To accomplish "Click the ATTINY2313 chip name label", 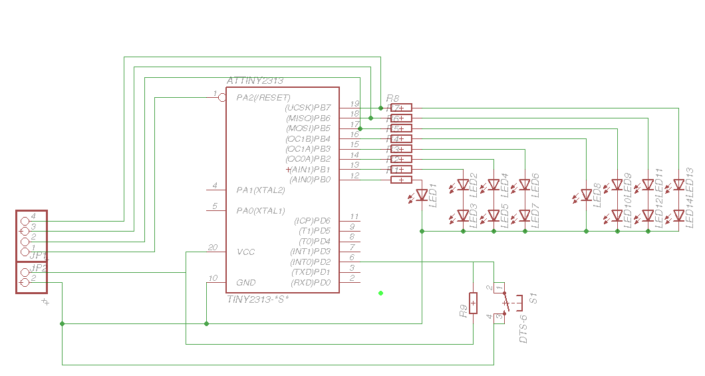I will click(x=255, y=81).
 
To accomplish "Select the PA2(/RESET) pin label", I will click(x=263, y=97).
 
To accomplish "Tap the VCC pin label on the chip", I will click(x=245, y=252).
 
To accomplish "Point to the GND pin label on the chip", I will click(x=245, y=283).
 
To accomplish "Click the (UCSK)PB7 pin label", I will click(x=307, y=107).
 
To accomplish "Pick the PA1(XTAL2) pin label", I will click(x=261, y=190).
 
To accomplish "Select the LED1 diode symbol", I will click(x=422, y=195).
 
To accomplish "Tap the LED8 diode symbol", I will click(x=586, y=195).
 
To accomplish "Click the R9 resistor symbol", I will click(x=473, y=303).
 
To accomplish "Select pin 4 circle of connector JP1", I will click(x=25, y=220).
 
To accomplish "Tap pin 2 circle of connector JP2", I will click(x=25, y=283).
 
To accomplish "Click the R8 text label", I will click(x=392, y=98).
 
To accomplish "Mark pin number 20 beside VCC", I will click(x=212, y=248).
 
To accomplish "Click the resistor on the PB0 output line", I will click(x=401, y=180).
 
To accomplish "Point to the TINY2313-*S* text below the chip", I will click(x=258, y=299).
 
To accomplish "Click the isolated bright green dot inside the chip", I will click(x=380, y=292).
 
